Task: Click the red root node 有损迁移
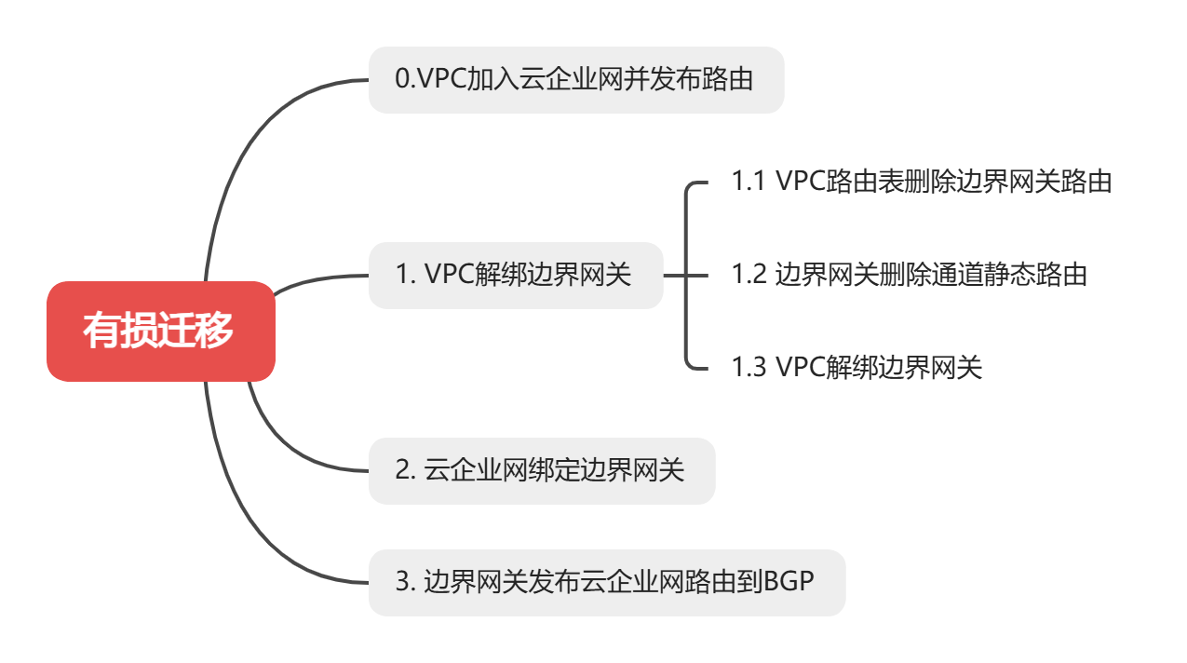pyautogui.click(x=160, y=331)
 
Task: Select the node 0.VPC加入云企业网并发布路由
pyautogui.click(x=575, y=80)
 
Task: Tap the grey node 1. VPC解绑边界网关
pyautogui.click(x=515, y=276)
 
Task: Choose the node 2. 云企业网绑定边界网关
pyautogui.click(x=541, y=471)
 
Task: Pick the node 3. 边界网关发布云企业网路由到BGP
pyautogui.click(x=606, y=583)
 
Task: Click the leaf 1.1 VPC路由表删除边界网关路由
pyautogui.click(x=922, y=182)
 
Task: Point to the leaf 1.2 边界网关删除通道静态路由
pyautogui.click(x=909, y=275)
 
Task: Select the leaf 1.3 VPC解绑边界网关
pyautogui.click(x=857, y=368)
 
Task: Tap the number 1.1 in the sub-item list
pyautogui.click(x=749, y=182)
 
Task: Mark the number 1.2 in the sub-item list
pyautogui.click(x=749, y=275)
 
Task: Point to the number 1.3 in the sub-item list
pyautogui.click(x=749, y=368)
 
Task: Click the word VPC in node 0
pyautogui.click(x=439, y=80)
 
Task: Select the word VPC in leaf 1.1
pyautogui.click(x=803, y=182)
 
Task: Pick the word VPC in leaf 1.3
pyautogui.click(x=803, y=368)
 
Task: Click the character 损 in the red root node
pyautogui.click(x=140, y=331)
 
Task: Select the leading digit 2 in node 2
pyautogui.click(x=402, y=471)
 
